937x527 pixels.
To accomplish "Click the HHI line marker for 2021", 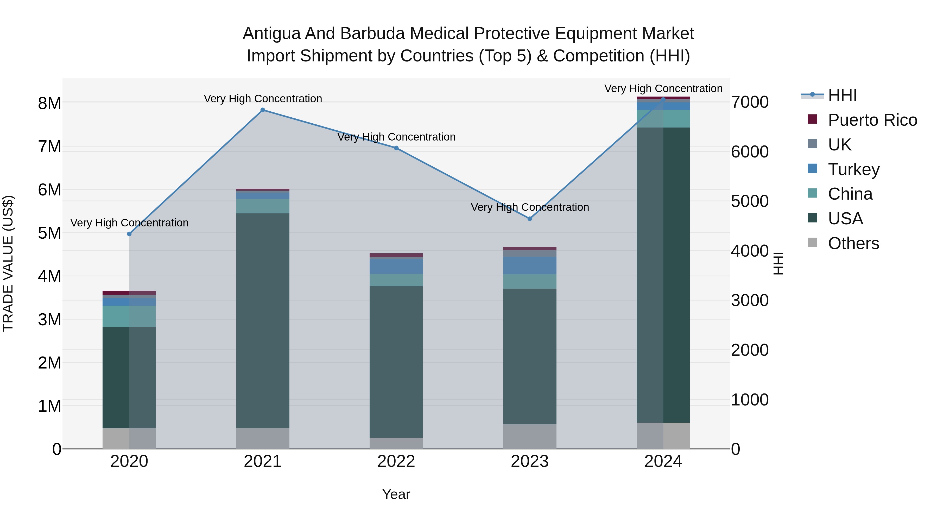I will coord(263,110).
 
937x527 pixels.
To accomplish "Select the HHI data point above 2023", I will coord(530,219).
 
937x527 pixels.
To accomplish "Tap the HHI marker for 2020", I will coord(129,234).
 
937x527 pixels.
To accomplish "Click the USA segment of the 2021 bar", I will coord(263,320).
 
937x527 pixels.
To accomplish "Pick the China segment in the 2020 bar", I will coord(129,316).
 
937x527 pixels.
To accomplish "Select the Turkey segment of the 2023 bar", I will coord(530,265).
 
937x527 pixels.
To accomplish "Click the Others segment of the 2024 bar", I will coord(663,435).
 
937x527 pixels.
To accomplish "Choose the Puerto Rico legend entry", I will coord(872,120).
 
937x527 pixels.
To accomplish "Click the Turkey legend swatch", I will coord(812,169).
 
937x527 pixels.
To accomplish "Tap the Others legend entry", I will coord(853,243).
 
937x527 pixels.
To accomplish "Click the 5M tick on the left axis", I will coord(49,233).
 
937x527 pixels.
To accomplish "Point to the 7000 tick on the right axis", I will coord(750,102).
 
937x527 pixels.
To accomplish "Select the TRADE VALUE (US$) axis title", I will coord(8,263).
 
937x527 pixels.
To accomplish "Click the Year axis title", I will coord(396,494).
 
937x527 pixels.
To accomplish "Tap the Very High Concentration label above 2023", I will coord(530,207).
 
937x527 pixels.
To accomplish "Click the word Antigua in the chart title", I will coord(272,34).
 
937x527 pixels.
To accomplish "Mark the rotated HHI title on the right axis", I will coord(778,263).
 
